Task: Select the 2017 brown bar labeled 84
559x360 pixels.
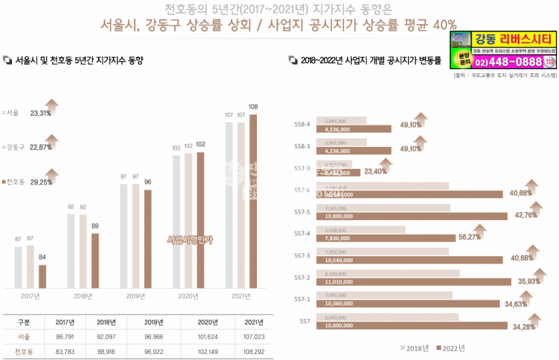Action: (43, 275)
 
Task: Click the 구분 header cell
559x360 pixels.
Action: (23, 322)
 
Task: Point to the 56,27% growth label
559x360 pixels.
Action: (469, 237)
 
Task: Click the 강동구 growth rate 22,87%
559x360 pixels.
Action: (41, 147)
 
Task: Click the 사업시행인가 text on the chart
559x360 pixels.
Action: (190, 240)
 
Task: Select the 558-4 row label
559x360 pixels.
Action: (302, 124)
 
